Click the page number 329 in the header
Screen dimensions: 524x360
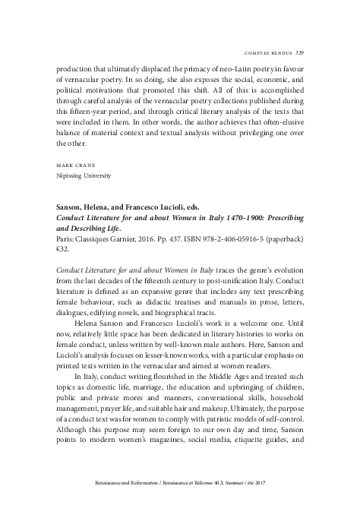coord(299,32)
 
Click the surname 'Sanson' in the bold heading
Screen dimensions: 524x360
coord(71,207)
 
